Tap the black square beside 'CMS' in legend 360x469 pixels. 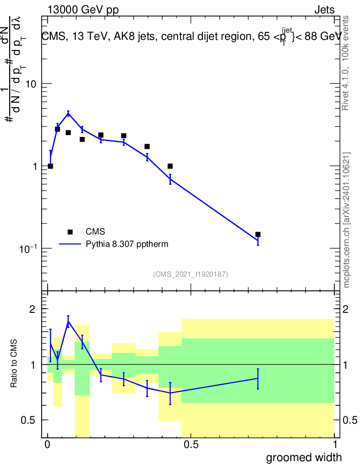pyautogui.click(x=70, y=232)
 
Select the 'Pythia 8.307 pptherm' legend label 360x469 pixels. pyautogui.click(x=127, y=244)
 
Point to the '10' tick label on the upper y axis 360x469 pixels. pyautogui.click(x=31, y=84)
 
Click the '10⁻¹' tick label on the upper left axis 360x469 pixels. pyautogui.click(x=28, y=248)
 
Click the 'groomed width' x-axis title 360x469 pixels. pyautogui.click(x=304, y=457)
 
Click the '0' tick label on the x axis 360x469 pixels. pyautogui.click(x=48, y=445)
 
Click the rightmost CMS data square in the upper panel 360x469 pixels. pyautogui.click(x=258, y=234)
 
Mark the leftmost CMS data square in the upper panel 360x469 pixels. pyautogui.click(x=50, y=166)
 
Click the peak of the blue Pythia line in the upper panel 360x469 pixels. pyautogui.click(x=68, y=113)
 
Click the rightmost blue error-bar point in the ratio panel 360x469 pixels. pyautogui.click(x=258, y=378)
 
